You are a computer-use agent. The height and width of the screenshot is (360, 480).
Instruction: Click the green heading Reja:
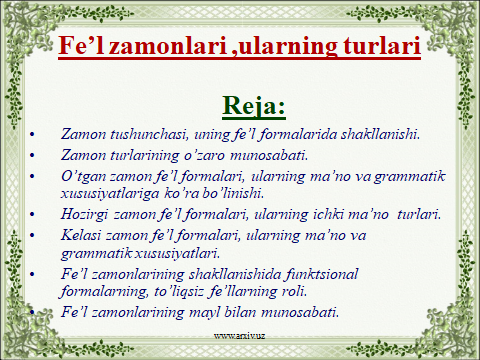point(239,105)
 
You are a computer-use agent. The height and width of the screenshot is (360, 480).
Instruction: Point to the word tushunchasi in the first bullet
point(138,133)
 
